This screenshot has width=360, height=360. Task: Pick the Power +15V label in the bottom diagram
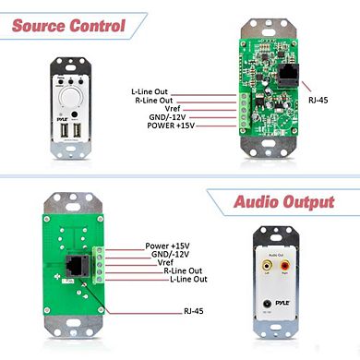[x=168, y=246]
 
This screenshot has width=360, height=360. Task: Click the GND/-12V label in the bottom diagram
[x=167, y=254]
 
